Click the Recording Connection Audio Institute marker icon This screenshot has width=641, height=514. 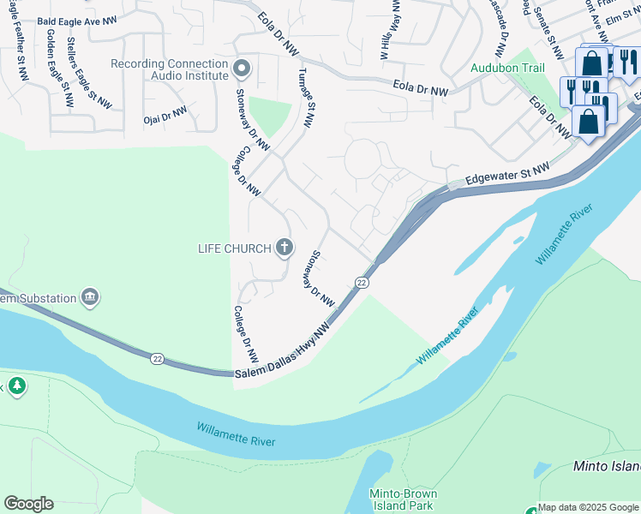pos(242,67)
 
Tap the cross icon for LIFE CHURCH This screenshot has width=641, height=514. pos(285,248)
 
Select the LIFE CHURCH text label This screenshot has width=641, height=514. pos(233,248)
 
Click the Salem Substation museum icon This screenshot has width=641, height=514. pos(90,298)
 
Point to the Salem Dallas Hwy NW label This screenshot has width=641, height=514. pos(283,351)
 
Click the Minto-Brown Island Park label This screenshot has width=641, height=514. pos(403,500)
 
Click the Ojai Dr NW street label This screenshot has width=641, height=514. pos(165,113)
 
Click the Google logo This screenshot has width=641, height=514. pos(28,504)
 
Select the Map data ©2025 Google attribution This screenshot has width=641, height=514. pos(588,507)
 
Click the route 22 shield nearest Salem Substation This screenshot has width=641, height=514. pos(157,358)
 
